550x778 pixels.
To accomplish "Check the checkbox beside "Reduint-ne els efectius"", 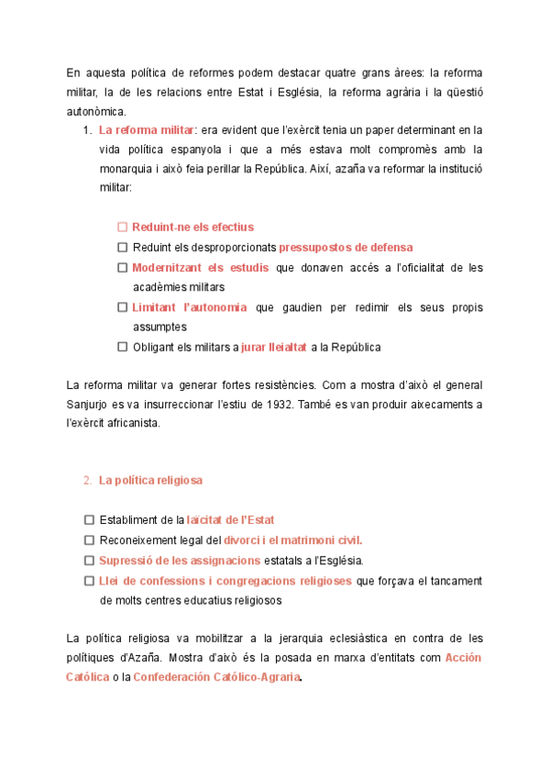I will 122,227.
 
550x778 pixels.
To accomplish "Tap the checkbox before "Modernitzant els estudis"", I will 122,268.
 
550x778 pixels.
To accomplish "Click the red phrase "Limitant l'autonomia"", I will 189,307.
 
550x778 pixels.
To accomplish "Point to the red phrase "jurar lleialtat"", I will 273,347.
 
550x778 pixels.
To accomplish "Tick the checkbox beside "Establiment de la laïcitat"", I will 89,520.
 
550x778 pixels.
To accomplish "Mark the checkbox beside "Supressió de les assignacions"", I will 89,561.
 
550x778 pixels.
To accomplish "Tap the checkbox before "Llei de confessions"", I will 89,581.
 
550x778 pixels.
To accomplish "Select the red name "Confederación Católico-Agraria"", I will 216,678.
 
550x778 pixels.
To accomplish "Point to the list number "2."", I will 87,480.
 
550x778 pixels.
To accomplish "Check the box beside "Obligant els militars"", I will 122,347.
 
